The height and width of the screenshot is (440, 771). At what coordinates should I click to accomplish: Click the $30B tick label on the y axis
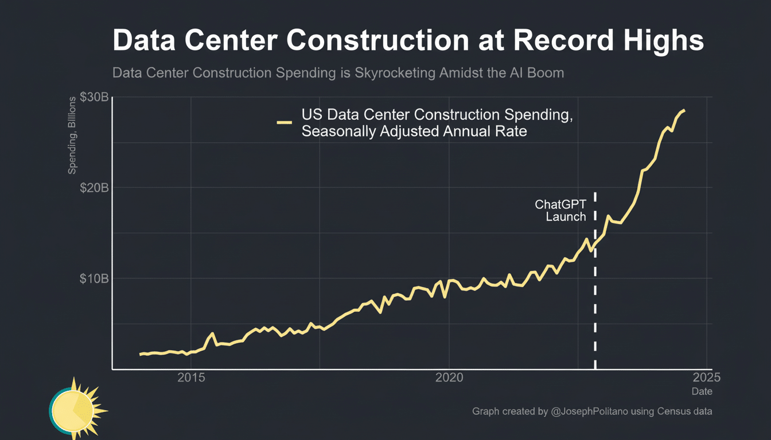(94, 97)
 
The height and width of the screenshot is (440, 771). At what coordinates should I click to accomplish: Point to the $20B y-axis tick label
(94, 188)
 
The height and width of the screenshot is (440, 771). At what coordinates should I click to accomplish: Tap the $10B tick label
(94, 278)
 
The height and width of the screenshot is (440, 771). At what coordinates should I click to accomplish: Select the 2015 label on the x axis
(191, 378)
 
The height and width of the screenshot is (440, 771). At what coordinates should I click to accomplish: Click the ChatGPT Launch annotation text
(560, 210)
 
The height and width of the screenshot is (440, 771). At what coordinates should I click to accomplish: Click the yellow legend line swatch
(285, 123)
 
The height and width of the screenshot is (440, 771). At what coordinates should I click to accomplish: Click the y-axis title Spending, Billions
(72, 135)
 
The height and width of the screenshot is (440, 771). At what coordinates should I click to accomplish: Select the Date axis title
(702, 391)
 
